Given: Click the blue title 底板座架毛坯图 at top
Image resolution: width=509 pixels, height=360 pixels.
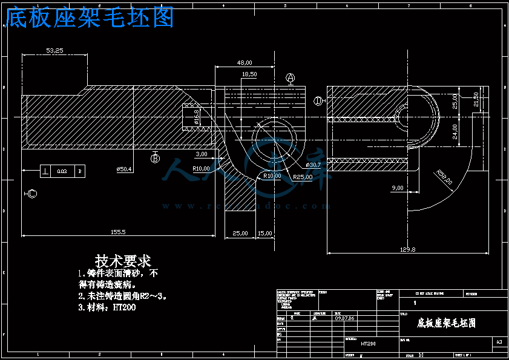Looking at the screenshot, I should pyautogui.click(x=90, y=17).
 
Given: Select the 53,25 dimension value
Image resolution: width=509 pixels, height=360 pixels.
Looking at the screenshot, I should pyautogui.click(x=54, y=51).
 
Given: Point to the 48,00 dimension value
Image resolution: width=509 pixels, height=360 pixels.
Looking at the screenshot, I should pyautogui.click(x=245, y=62).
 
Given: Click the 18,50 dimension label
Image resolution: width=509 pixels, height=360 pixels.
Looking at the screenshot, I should pyautogui.click(x=249, y=74).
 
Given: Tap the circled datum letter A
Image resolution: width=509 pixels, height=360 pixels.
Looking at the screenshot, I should pyautogui.click(x=291, y=77).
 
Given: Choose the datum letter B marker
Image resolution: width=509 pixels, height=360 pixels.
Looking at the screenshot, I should pyautogui.click(x=155, y=159).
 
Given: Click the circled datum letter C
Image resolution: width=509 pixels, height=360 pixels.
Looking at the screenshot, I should pyautogui.click(x=32, y=194).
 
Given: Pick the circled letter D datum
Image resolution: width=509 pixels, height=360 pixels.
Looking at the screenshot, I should pyautogui.click(x=318, y=101).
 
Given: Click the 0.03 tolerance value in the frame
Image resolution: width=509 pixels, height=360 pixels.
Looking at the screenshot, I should pyautogui.click(x=62, y=171).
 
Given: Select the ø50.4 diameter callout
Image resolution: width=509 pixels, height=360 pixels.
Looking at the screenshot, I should pyautogui.click(x=124, y=169).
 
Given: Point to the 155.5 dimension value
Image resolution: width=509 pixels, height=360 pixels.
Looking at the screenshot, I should pyautogui.click(x=118, y=232).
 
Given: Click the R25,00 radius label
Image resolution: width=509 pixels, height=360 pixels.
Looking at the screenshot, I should pyautogui.click(x=303, y=177).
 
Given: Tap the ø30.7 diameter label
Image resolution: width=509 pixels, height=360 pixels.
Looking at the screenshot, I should pyautogui.click(x=314, y=165).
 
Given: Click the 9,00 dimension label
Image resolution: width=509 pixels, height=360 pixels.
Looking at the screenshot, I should pyautogui.click(x=398, y=188).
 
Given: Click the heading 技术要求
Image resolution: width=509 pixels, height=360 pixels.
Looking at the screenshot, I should pyautogui.click(x=123, y=261).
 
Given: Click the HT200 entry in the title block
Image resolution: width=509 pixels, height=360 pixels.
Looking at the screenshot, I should pyautogui.click(x=368, y=343).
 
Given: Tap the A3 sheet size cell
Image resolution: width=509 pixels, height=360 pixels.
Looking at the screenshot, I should pyautogui.click(x=499, y=342).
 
